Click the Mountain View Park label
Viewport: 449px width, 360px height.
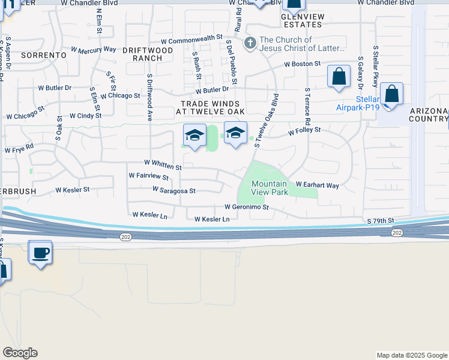[270, 188]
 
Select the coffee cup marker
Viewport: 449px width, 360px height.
[40, 253]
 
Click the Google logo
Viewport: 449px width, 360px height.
[20, 353]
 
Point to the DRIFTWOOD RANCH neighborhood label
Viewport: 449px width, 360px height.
[142, 54]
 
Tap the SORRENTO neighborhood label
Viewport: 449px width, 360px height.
[43, 55]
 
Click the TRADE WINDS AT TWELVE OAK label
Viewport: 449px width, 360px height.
[213, 107]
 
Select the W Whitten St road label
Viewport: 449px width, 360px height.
[163, 164]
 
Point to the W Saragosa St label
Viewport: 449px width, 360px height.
[174, 191]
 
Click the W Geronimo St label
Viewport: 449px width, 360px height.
[246, 206]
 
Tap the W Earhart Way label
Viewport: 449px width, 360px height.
[318, 185]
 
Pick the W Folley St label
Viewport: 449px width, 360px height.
[304, 130]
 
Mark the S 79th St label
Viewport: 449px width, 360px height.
[380, 221]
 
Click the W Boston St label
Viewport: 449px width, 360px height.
[303, 63]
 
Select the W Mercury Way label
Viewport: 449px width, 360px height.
[93, 49]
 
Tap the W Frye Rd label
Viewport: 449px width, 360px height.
[19, 148]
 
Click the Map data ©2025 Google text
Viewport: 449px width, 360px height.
[411, 355]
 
